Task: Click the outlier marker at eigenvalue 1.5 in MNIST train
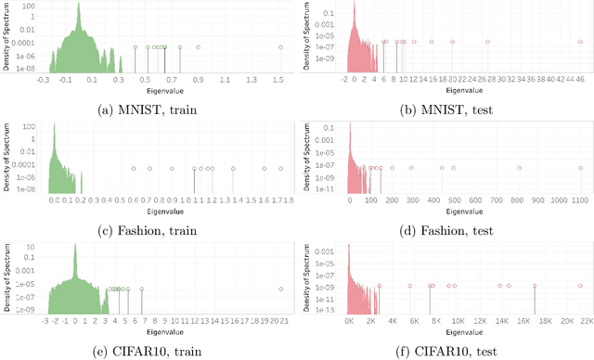281,47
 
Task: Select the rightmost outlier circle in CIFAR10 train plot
281,289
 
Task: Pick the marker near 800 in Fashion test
520,168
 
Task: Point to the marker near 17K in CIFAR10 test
535,286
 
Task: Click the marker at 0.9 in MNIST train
198,47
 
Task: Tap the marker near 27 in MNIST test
488,41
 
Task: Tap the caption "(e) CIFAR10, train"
148,349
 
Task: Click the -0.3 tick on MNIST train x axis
42,81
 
